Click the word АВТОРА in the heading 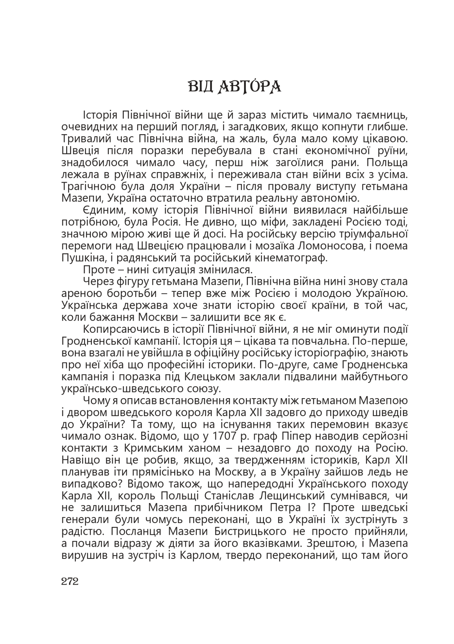tap(249, 87)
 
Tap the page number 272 tap(70, 581)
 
